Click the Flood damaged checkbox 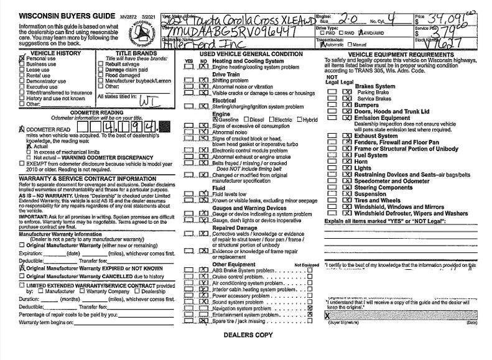[101, 75]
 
